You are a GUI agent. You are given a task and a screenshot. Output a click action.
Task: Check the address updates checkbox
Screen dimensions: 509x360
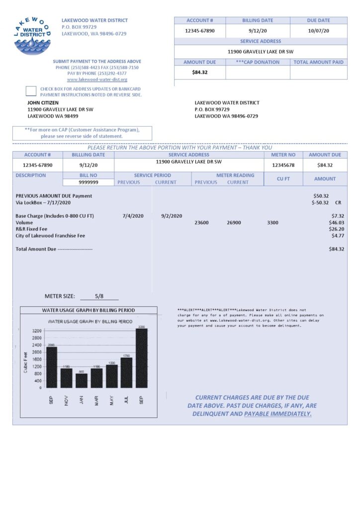pos(31,91)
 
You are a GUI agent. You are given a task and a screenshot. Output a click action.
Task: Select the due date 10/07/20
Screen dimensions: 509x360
pos(318,31)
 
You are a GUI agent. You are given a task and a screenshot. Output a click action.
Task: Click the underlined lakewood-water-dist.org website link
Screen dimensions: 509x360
pos(97,80)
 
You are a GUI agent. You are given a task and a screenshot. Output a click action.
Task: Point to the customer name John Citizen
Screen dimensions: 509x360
pos(43,103)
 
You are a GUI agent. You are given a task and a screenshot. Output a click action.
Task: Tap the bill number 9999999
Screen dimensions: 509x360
pos(89,182)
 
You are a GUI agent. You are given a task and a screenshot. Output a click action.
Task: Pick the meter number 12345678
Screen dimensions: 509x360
pos(283,165)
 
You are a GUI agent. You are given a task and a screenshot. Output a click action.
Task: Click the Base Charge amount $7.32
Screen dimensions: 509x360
pos(338,216)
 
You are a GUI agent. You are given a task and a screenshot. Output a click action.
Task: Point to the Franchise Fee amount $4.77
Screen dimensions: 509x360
pos(338,236)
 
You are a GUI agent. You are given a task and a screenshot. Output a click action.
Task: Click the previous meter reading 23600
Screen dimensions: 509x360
pos(201,223)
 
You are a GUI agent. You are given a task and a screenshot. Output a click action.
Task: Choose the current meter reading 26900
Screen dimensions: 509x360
pos(234,223)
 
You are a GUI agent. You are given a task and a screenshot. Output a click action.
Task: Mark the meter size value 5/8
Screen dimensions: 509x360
pos(99,296)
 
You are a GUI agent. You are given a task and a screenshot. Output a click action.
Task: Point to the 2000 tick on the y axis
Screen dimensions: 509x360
pos(37,352)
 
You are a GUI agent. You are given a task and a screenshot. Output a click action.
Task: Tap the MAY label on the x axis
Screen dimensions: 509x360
pos(112,400)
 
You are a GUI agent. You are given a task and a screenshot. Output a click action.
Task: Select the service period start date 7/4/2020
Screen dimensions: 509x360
pos(133,216)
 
